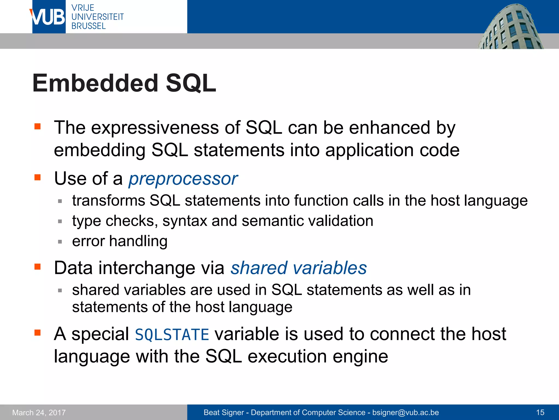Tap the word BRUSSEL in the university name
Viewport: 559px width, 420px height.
[x=88, y=26]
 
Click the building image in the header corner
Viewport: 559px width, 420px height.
[x=510, y=27]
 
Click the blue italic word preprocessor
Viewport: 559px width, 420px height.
[x=183, y=179]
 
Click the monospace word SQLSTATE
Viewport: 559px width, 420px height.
[x=172, y=335]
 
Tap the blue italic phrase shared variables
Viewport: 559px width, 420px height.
[x=299, y=268]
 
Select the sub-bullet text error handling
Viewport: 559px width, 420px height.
[x=120, y=241]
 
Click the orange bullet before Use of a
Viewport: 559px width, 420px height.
[x=37, y=177]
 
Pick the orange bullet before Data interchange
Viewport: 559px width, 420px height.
[x=37, y=267]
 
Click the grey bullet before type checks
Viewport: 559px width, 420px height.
[x=60, y=221]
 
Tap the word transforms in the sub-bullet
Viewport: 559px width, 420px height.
[x=108, y=200]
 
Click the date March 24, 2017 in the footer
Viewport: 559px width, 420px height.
[x=39, y=412]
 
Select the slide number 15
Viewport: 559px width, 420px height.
[x=540, y=412]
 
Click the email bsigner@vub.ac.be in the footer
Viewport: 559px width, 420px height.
[x=405, y=412]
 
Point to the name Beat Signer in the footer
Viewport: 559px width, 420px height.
[x=224, y=412]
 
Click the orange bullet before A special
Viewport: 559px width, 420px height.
[x=37, y=333]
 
